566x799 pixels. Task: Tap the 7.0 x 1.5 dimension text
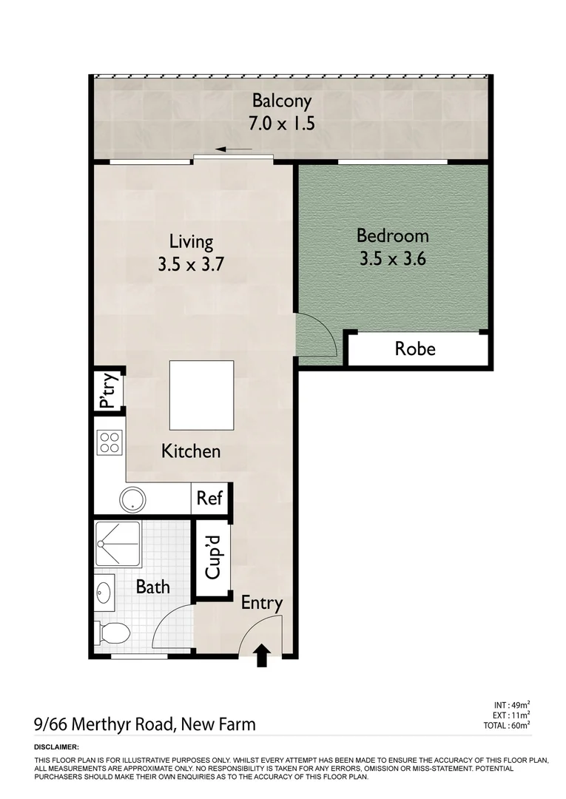click(x=282, y=124)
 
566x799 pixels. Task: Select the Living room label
click(x=191, y=242)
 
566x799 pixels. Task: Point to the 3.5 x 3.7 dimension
click(x=191, y=264)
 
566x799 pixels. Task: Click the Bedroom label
click(x=393, y=236)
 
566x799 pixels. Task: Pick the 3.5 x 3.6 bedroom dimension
click(x=393, y=259)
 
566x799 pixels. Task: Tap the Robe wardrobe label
click(x=415, y=349)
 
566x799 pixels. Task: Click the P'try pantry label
click(x=108, y=392)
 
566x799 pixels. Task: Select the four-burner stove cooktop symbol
click(x=109, y=443)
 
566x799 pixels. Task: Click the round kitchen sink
click(x=132, y=499)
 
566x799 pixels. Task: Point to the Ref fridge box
click(x=209, y=499)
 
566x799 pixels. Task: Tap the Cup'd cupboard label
click(x=213, y=559)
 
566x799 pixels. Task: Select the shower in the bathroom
click(x=118, y=545)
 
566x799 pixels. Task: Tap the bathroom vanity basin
click(x=104, y=593)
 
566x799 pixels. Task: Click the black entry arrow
click(x=261, y=655)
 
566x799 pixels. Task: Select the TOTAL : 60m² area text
click(x=511, y=725)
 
